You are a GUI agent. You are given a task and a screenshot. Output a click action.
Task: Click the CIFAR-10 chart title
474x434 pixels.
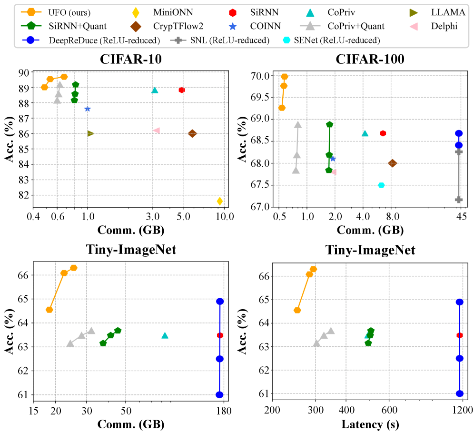click(131, 60)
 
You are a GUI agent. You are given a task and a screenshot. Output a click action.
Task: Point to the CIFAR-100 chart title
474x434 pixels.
click(370, 60)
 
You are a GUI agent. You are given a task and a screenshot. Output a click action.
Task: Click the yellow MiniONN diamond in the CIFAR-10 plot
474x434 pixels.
click(219, 201)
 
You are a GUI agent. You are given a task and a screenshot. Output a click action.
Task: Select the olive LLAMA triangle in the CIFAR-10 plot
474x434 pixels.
click(90, 133)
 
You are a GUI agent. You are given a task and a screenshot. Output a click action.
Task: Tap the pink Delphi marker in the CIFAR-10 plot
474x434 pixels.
click(156, 130)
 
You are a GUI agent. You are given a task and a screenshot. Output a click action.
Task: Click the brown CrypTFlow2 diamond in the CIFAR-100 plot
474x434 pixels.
click(392, 163)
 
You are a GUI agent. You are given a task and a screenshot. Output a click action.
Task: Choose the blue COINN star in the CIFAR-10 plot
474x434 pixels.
click(88, 109)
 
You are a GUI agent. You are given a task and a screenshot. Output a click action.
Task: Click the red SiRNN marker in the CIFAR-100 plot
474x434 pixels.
click(383, 133)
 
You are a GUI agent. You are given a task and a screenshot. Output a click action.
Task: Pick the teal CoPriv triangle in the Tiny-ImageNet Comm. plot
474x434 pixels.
click(165, 335)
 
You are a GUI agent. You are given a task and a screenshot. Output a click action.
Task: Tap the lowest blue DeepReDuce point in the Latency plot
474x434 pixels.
click(460, 394)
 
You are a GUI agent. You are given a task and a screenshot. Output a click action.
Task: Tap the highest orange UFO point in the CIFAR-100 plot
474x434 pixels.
click(285, 77)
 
